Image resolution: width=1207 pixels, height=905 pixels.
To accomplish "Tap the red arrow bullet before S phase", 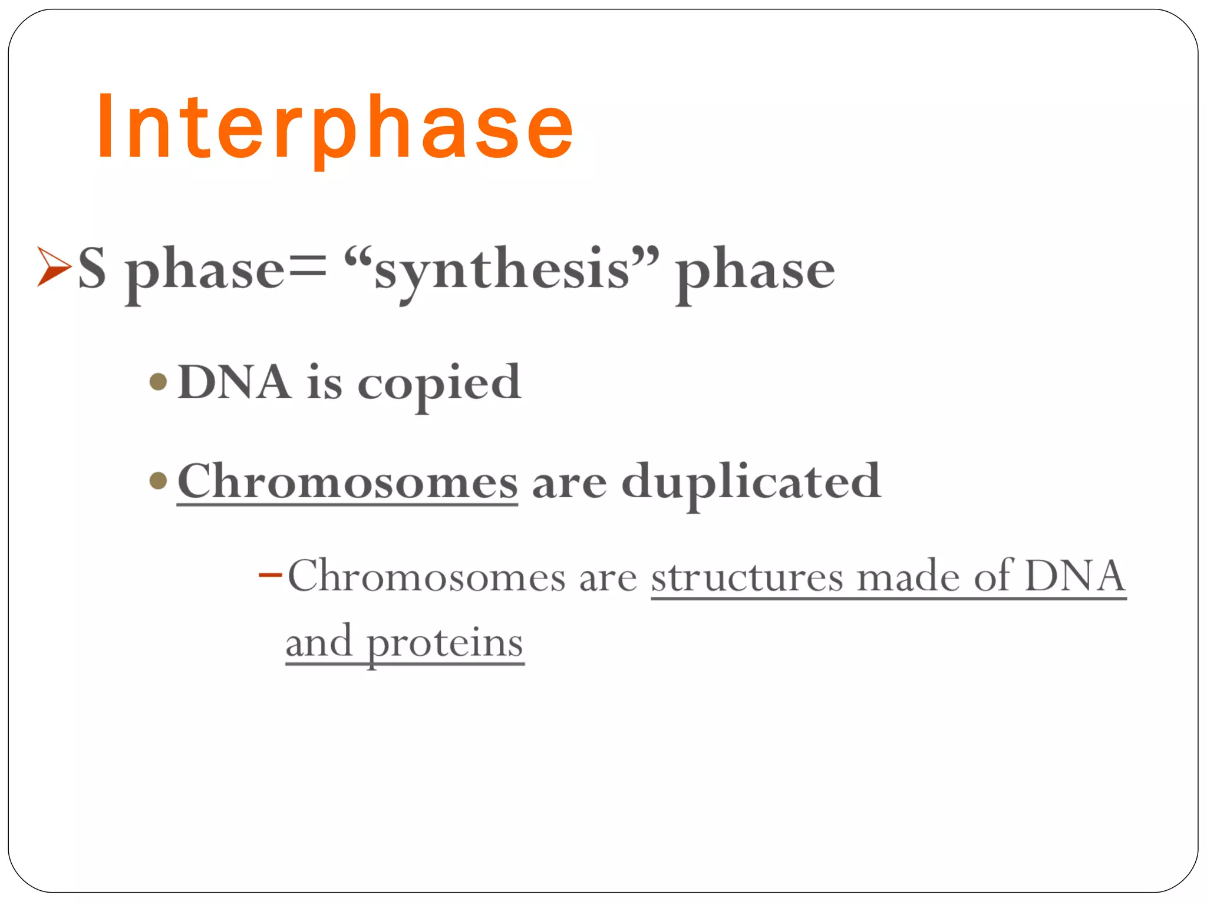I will click(54, 267).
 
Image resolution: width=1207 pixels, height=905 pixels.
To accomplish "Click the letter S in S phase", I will click(93, 268).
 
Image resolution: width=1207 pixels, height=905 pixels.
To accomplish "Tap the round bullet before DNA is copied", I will click(158, 382).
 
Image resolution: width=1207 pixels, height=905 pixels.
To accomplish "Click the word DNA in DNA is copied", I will click(234, 382).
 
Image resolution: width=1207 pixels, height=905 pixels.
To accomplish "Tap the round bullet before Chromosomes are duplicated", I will click(158, 480).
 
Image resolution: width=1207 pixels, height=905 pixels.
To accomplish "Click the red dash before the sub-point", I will click(271, 573).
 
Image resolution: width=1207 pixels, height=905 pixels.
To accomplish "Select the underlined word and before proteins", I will click(319, 642).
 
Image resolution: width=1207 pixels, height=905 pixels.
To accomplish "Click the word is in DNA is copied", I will click(324, 383).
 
